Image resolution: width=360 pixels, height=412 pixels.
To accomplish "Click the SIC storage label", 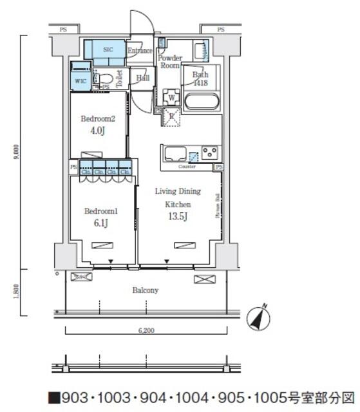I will [108, 49].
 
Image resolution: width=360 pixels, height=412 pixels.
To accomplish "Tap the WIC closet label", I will [80, 81].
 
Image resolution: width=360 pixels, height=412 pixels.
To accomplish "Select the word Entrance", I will [140, 51].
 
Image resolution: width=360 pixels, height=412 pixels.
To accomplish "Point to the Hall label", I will [143, 79].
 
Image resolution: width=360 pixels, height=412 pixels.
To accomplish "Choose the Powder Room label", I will [170, 62].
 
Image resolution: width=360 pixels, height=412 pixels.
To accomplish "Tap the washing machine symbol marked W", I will [172, 98].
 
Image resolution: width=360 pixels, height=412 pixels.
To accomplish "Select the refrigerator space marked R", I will [171, 117].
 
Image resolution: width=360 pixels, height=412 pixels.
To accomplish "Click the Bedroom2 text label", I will [99, 118].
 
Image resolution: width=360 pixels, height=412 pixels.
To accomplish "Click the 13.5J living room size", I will [178, 216].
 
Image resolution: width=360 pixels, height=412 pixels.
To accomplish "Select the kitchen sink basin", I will [175, 154].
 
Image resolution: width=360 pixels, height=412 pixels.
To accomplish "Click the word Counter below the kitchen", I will [187, 167].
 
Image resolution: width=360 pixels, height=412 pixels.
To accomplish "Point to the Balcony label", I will [146, 290].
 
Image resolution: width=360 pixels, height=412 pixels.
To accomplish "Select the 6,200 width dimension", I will [146, 330].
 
